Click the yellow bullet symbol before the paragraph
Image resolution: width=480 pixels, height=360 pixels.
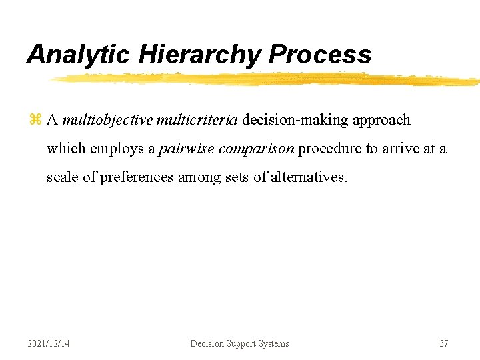pyautogui.click(x=35, y=120)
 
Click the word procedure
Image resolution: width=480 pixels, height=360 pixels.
pyautogui.click(x=329, y=149)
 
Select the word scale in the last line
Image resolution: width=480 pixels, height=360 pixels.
pyautogui.click(x=61, y=177)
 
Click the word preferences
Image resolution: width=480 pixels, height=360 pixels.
pyautogui.click(x=137, y=178)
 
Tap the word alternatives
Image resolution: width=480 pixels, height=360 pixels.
pyautogui.click(x=309, y=177)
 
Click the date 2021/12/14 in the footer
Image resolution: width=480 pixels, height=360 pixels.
pyautogui.click(x=49, y=343)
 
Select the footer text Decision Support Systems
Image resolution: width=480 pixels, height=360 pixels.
pyautogui.click(x=239, y=343)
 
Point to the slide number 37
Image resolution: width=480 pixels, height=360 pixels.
pyautogui.click(x=443, y=343)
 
